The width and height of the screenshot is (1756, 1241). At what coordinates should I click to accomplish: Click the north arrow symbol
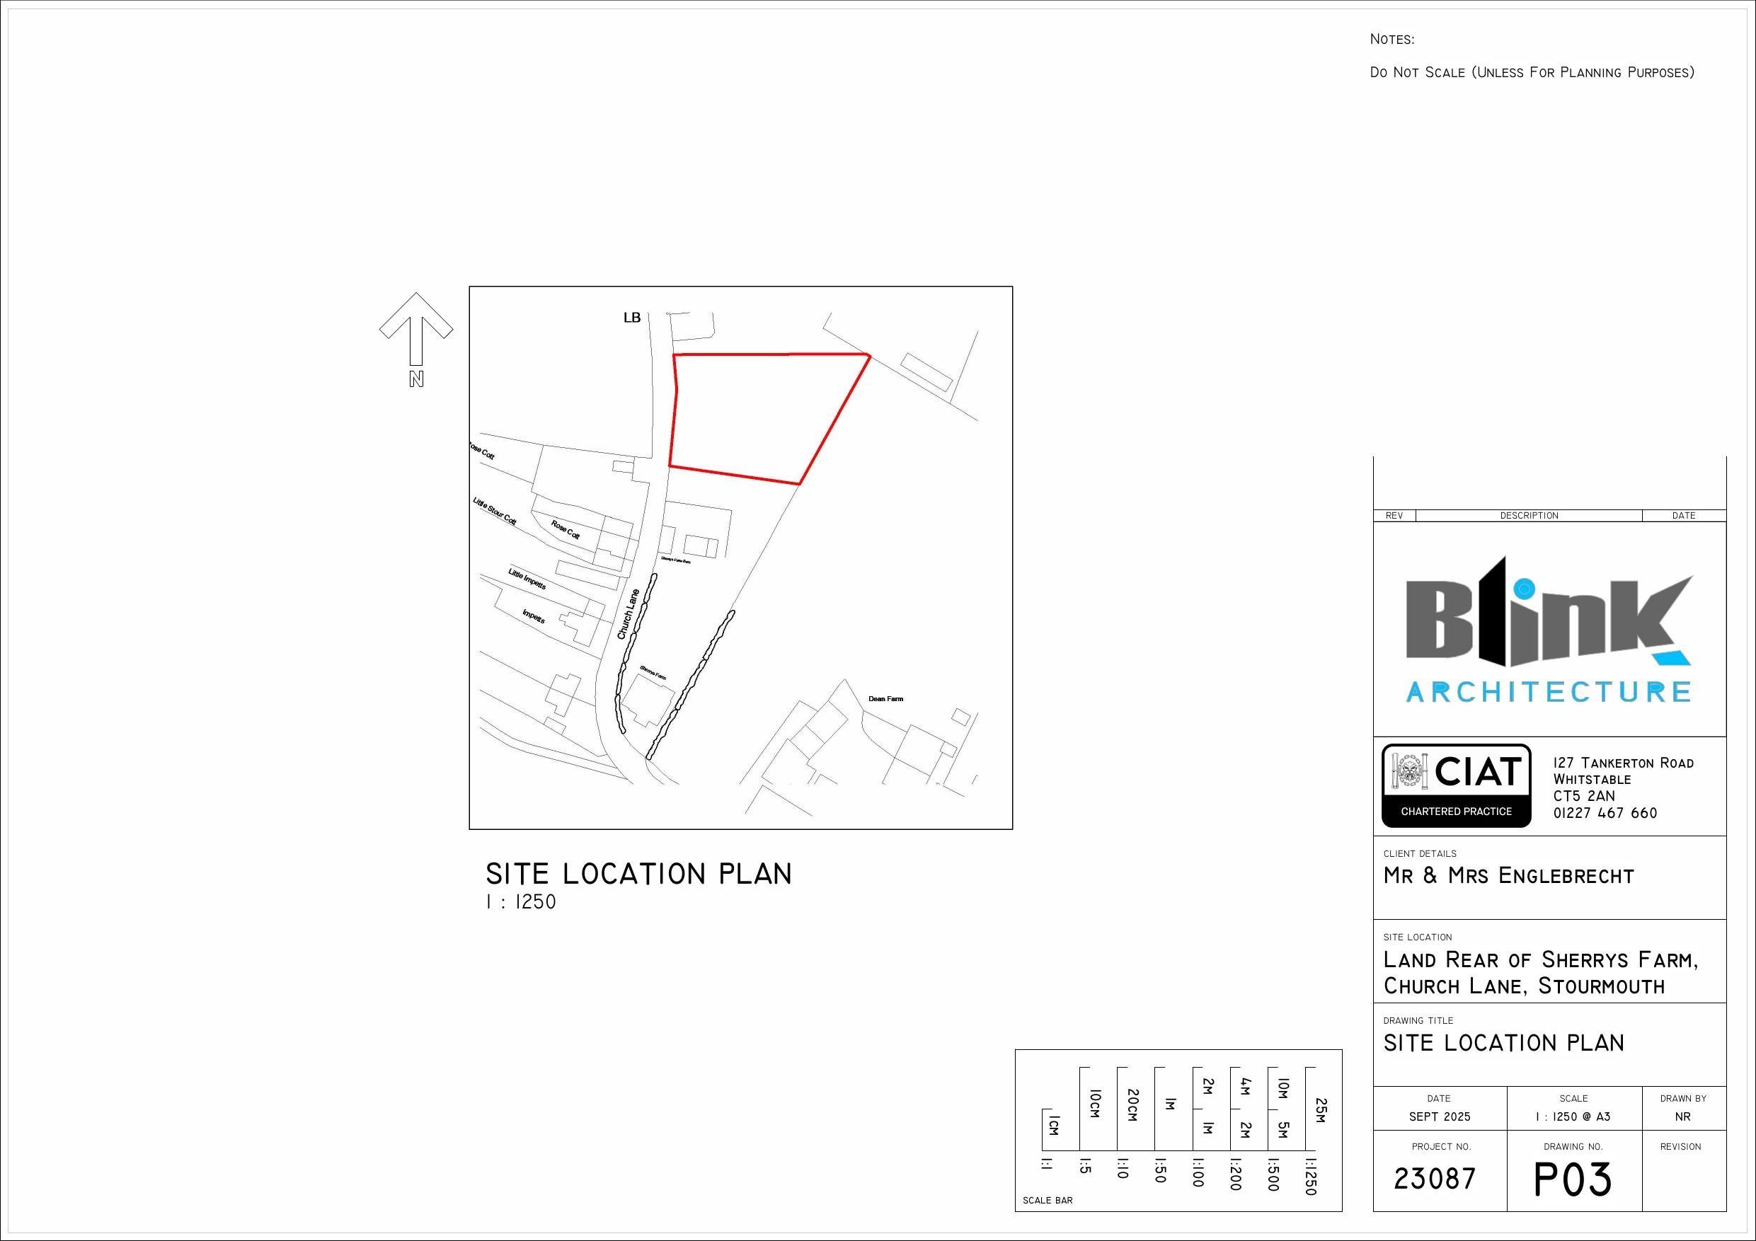[x=416, y=329]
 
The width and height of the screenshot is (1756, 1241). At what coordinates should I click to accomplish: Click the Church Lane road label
[x=628, y=614]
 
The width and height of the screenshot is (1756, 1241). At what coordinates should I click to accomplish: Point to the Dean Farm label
[x=885, y=699]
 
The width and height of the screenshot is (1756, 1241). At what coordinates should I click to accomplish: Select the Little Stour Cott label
[x=495, y=512]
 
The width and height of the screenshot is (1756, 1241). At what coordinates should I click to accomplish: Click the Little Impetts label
[x=527, y=579]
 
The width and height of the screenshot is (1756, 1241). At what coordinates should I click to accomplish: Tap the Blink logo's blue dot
[x=1525, y=589]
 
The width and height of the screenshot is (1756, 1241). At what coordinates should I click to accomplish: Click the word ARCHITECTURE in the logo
[x=1548, y=692]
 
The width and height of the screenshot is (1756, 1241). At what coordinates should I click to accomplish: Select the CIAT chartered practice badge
[x=1456, y=785]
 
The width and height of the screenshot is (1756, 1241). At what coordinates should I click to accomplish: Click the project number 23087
[x=1435, y=1178]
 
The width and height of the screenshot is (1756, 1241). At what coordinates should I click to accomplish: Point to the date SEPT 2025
[x=1440, y=1116]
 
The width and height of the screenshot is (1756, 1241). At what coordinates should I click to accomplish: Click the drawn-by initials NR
[x=1682, y=1116]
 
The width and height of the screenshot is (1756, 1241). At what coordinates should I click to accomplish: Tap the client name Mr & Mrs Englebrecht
[x=1508, y=876]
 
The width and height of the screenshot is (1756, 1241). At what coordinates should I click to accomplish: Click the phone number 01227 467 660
[x=1605, y=814]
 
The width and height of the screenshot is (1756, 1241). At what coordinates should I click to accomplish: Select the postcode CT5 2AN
[x=1584, y=796]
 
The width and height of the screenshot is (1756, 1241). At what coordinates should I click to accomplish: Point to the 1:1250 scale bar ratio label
[x=1310, y=1177]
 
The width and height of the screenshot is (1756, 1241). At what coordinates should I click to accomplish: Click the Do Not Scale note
[x=1531, y=73]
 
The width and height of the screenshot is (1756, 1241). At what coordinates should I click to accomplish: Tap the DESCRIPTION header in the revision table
[x=1529, y=515]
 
